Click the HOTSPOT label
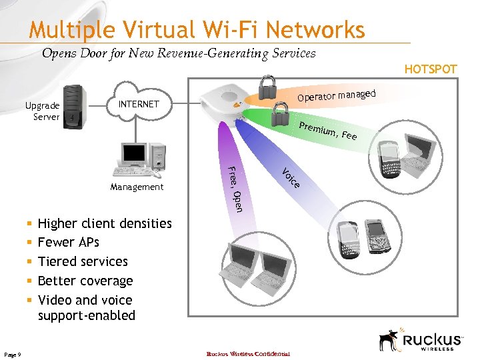431,69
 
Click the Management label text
137,187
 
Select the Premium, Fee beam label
327,131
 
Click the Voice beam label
291,177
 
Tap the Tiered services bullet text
83,261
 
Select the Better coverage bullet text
85,281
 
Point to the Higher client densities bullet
105,223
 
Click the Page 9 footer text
13,354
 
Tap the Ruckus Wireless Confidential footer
248,354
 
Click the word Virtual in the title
142,30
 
